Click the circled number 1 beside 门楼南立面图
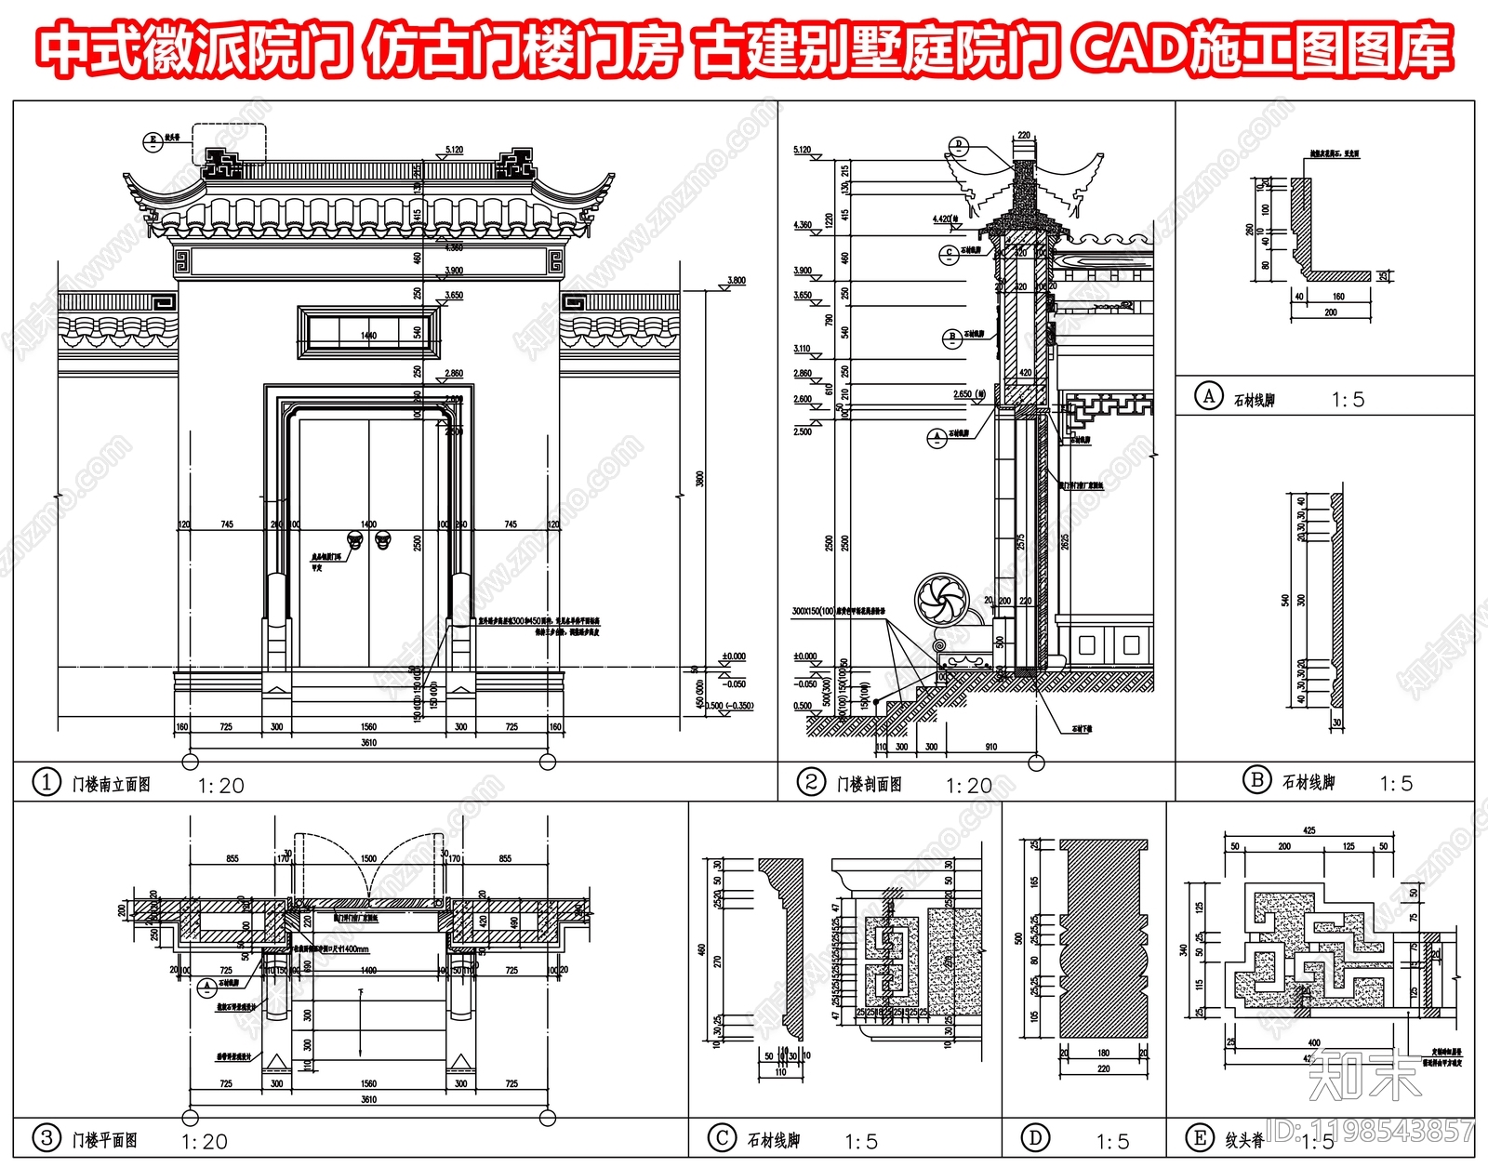tap(46, 782)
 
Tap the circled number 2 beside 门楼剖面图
tap(811, 782)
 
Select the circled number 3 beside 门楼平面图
tap(46, 1137)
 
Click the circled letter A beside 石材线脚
tap(1208, 397)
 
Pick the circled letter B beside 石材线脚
tap(1256, 780)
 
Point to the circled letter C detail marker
tap(722, 1137)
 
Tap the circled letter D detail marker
tap(1034, 1137)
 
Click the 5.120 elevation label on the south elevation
tap(454, 150)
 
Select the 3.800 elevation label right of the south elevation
tap(736, 280)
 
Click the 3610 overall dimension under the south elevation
tap(368, 743)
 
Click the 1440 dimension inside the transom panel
tap(368, 336)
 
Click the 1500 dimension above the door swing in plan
tap(368, 858)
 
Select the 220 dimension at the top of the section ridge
tap(1024, 136)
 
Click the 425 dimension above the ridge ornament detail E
tap(1309, 830)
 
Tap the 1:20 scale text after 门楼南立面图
tap(220, 786)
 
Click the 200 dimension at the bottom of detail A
tap(1330, 312)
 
